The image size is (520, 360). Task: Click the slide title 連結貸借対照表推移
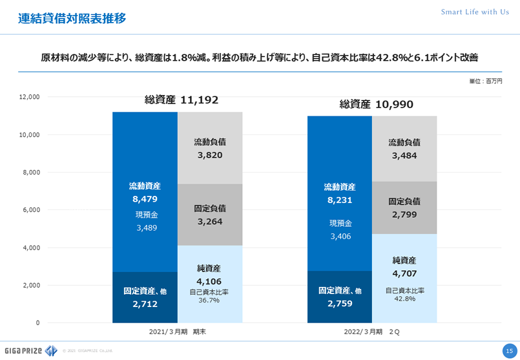(x=72, y=18)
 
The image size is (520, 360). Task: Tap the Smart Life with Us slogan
(x=475, y=12)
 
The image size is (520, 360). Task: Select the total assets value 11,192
(x=200, y=100)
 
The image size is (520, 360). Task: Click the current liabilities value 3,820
(x=209, y=155)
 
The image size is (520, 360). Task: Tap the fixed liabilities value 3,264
(x=209, y=221)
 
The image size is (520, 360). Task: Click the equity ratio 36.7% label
(x=209, y=300)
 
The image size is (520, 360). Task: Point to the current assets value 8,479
(x=145, y=199)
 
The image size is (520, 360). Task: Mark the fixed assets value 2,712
(x=145, y=303)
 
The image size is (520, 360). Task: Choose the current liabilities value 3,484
(x=404, y=156)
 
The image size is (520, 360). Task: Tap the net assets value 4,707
(x=404, y=273)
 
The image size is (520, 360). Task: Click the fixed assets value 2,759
(x=340, y=303)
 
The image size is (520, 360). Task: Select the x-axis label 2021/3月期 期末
(x=177, y=331)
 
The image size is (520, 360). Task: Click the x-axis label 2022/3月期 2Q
(x=372, y=331)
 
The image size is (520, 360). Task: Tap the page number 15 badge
(x=508, y=350)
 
